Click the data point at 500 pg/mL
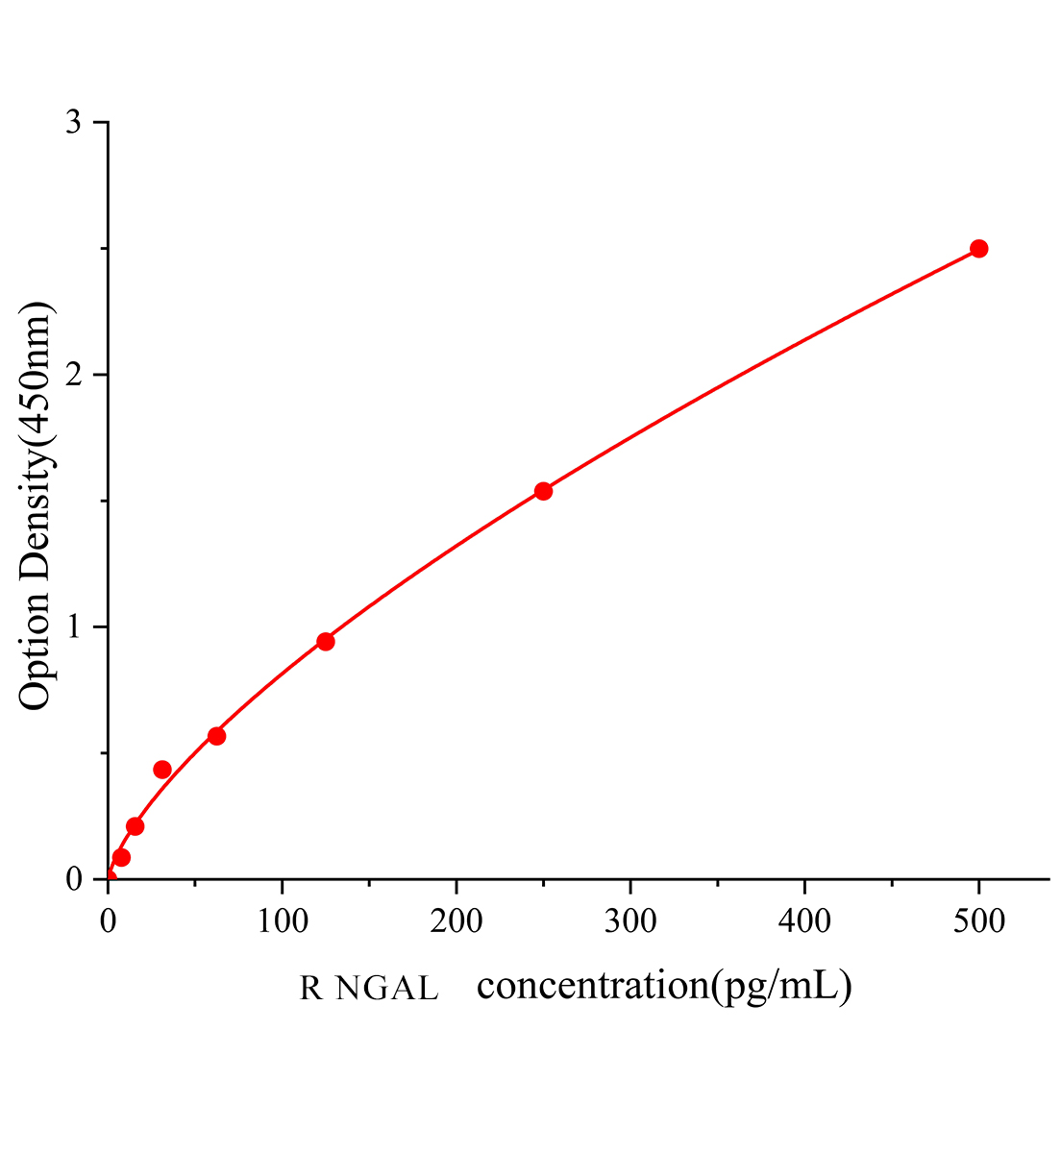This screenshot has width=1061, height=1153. tap(978, 249)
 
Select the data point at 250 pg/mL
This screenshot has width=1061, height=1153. tap(543, 491)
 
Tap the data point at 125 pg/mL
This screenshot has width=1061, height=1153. tap(326, 642)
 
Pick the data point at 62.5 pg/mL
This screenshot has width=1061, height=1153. tap(216, 736)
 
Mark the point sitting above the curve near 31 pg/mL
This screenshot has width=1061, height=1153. tap(162, 770)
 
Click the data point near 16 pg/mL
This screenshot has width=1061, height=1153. tap(136, 826)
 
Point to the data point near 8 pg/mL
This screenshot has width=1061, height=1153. tap(121, 857)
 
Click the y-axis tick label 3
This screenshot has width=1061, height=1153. tap(73, 122)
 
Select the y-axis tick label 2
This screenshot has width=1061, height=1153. tap(73, 375)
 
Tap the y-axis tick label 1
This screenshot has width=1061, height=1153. tap(73, 627)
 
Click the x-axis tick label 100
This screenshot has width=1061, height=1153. tap(282, 921)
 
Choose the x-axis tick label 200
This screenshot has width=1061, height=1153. tap(456, 921)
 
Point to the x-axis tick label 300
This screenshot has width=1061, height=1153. tap(630, 921)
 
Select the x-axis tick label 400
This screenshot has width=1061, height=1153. tap(804, 921)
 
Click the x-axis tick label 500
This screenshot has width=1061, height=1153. tap(978, 921)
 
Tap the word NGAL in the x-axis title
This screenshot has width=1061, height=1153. tap(387, 988)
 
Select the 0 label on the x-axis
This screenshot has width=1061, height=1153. tap(108, 921)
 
